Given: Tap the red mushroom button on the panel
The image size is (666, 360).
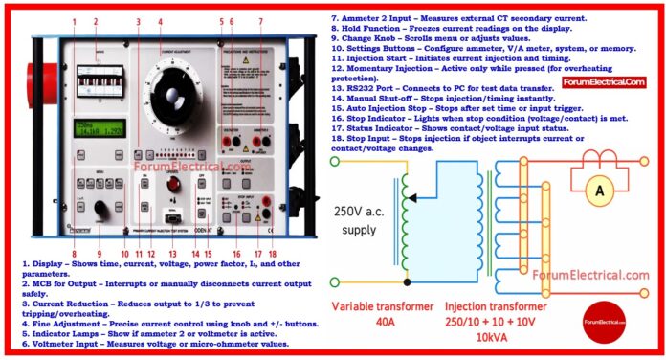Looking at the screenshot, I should (173, 184).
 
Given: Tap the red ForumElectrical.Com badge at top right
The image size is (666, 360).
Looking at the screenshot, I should (604, 82).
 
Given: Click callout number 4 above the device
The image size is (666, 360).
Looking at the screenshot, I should (160, 21).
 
